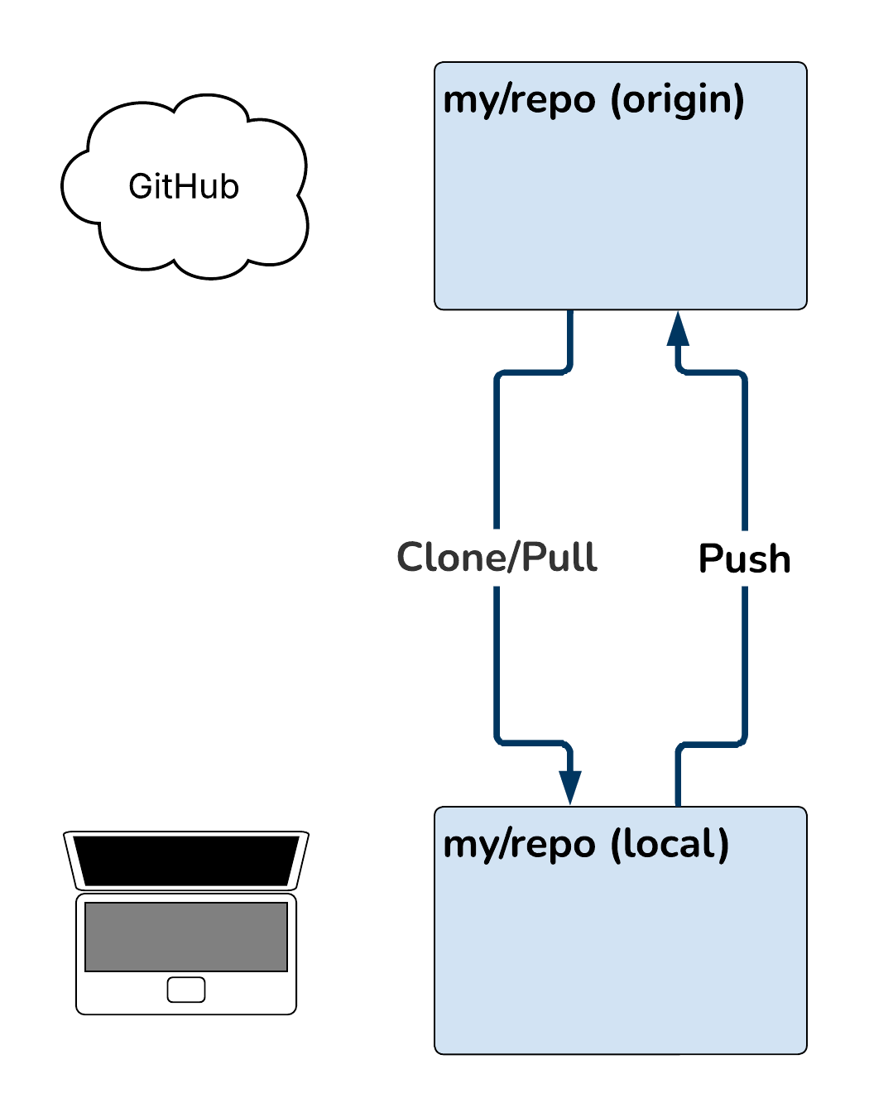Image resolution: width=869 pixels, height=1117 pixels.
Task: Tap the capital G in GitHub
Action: [140, 187]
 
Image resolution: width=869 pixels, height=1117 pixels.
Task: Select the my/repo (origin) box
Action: [621, 215]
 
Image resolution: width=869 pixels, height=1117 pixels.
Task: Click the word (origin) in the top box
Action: [677, 100]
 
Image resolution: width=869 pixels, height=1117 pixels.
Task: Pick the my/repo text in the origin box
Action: [519, 101]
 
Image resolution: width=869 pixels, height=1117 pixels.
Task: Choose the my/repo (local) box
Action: [621, 960]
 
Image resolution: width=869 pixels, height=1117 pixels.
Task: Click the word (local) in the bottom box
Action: [669, 845]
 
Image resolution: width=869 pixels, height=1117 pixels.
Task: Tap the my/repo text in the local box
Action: [519, 846]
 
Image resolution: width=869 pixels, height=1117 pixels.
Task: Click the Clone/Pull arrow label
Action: [497, 558]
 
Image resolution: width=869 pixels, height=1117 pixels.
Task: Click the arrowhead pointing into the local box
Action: [570, 786]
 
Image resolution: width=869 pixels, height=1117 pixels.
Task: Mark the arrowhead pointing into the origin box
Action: [678, 329]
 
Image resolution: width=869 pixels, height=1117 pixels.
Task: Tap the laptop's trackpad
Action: [186, 990]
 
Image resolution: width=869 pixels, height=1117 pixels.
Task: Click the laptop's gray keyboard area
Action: [186, 937]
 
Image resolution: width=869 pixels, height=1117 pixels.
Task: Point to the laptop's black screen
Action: [186, 861]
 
